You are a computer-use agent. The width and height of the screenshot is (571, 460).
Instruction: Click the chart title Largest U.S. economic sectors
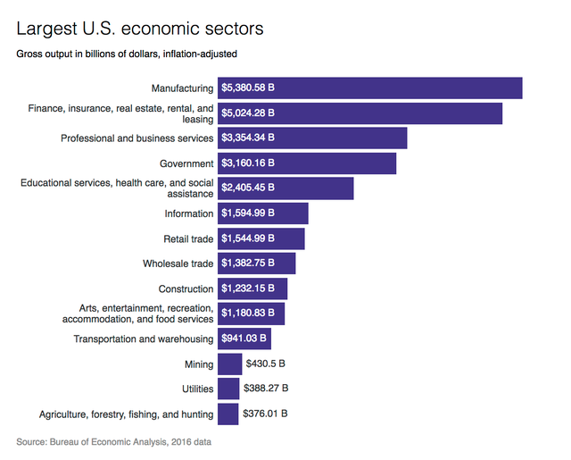point(139,29)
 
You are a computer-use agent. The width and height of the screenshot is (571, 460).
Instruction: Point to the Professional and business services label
point(137,138)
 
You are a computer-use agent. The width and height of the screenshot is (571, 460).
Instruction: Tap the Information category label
point(189,213)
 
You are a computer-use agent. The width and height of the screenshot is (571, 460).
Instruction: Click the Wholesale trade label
point(178,263)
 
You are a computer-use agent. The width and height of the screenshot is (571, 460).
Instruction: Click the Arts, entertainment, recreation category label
point(137,314)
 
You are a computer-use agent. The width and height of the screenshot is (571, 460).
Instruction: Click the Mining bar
point(230,364)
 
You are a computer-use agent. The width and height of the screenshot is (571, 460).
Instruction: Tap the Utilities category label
point(197,389)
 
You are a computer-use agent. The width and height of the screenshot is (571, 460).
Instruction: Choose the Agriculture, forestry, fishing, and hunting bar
point(228,414)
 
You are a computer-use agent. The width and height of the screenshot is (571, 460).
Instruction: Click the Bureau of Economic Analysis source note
point(114,442)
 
